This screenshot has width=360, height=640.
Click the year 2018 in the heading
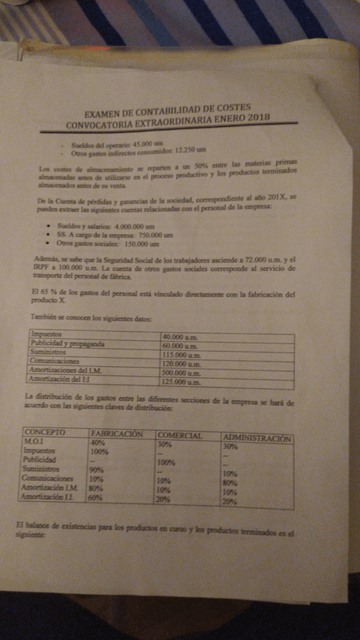click(254, 116)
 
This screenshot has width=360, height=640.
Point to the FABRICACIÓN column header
click(117, 433)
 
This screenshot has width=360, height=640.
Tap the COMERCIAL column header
click(180, 435)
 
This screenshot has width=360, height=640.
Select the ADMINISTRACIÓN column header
click(257, 438)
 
